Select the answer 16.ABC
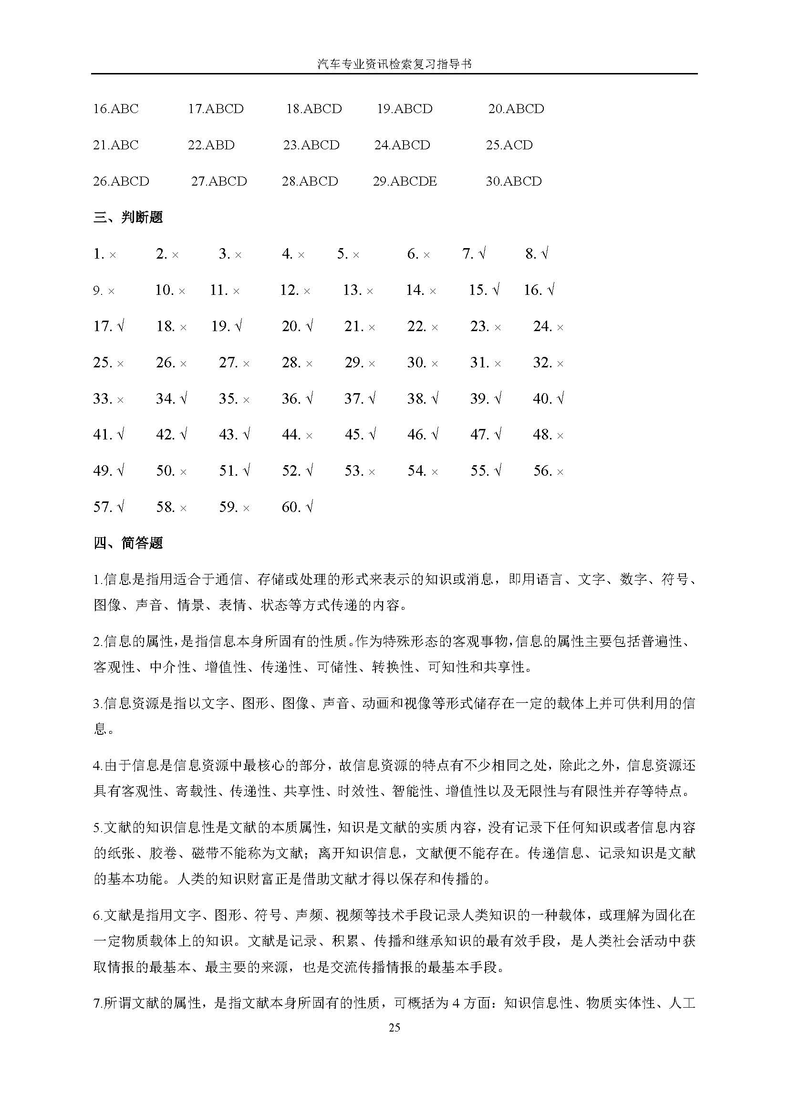(115, 108)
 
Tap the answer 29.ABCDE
(405, 181)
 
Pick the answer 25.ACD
(509, 145)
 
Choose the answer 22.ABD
(211, 145)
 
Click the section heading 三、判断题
(128, 217)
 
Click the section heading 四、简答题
(128, 543)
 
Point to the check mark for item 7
(482, 253)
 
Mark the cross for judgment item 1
(113, 255)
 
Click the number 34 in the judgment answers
(165, 398)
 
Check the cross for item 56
(560, 472)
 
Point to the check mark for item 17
(121, 326)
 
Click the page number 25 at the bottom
(394, 1027)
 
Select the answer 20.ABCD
(516, 108)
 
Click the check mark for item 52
(310, 470)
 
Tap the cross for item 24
(560, 328)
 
